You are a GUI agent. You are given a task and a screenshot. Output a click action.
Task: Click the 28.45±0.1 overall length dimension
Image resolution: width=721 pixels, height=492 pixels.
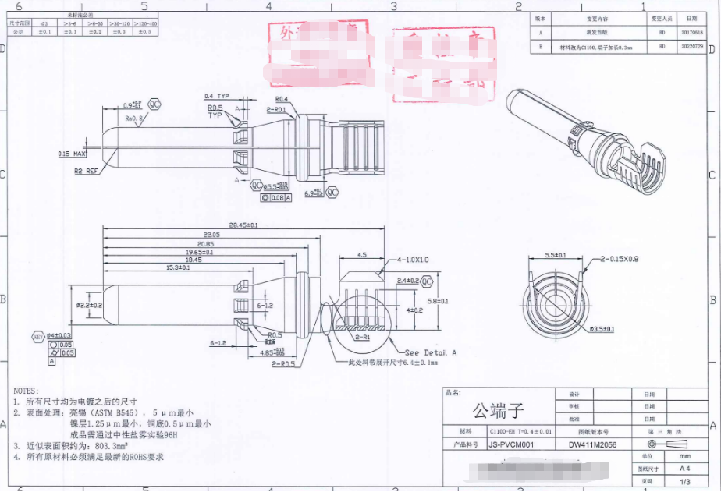(x=243, y=225)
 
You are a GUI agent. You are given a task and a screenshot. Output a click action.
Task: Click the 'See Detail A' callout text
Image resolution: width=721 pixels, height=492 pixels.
(x=431, y=352)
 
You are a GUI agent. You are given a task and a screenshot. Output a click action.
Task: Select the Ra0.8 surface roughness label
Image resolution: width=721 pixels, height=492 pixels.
(x=136, y=119)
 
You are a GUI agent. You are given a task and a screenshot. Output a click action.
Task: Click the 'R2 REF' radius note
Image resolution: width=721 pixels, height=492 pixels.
(x=86, y=170)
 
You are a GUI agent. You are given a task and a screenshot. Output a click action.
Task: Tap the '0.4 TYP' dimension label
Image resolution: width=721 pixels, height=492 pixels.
(x=216, y=96)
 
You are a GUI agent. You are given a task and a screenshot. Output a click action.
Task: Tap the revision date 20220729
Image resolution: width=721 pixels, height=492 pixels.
(x=691, y=47)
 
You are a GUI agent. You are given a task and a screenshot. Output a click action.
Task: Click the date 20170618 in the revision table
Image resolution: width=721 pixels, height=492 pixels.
(x=691, y=33)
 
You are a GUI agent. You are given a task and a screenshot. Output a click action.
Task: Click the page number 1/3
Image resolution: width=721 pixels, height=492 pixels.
(x=684, y=481)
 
